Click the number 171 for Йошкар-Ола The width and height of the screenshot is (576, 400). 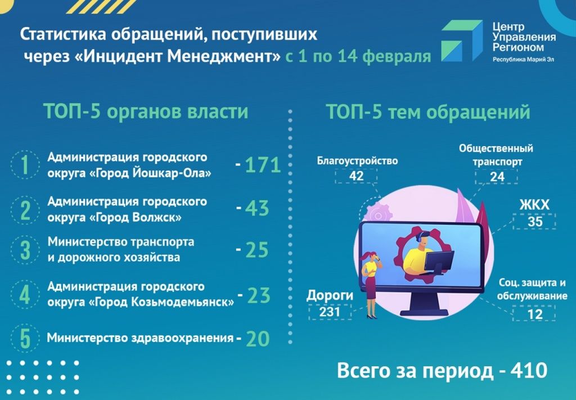[263, 164]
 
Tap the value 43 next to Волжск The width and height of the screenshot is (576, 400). [257, 208]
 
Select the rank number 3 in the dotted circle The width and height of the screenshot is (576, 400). [25, 250]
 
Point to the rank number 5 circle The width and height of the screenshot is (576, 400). [25, 338]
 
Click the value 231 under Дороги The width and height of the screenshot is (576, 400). [330, 312]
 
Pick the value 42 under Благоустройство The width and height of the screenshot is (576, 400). [356, 176]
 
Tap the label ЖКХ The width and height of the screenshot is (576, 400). [534, 205]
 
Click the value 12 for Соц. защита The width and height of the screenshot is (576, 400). [534, 314]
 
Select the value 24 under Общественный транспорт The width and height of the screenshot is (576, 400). [497, 177]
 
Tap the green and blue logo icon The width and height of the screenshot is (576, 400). [462, 41]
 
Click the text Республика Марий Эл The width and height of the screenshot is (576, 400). [523, 60]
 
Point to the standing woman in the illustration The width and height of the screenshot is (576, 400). [371, 284]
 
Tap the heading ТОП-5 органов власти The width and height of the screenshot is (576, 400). [146, 111]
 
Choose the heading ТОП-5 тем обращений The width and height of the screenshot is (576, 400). [428, 111]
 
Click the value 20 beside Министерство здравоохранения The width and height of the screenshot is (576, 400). [258, 339]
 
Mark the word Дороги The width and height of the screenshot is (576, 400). [330, 295]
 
